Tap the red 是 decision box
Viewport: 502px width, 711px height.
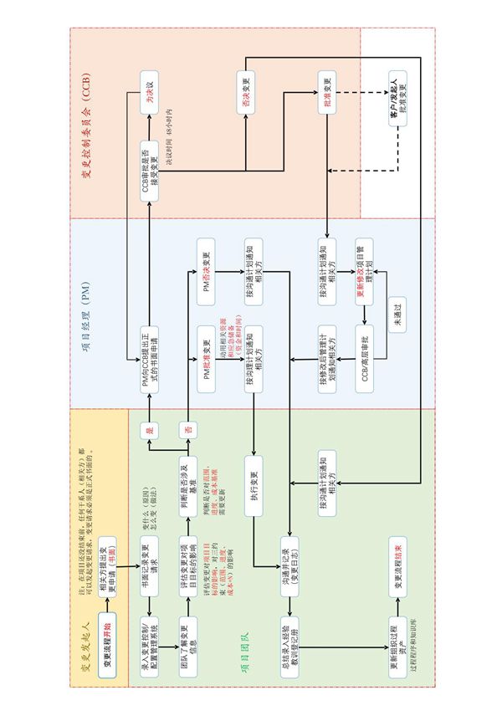point(149,432)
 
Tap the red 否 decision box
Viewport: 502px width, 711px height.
point(189,432)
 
